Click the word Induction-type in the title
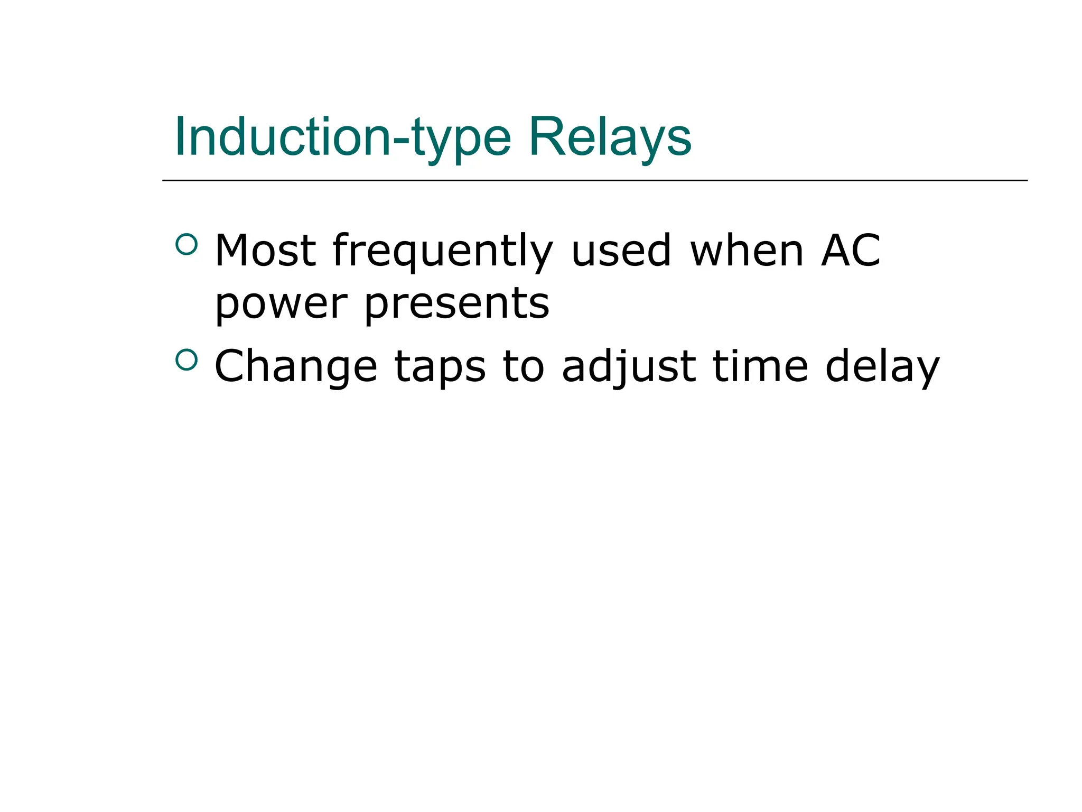pyautogui.click(x=343, y=137)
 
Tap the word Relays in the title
pyautogui.click(x=610, y=137)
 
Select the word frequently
pyautogui.click(x=443, y=251)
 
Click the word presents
pyautogui.click(x=457, y=305)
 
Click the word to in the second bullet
pyautogui.click(x=524, y=366)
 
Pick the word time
pyautogui.click(x=760, y=366)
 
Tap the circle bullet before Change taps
pyautogui.click(x=186, y=360)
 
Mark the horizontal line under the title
pyautogui.click(x=595, y=180)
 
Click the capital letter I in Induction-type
pyautogui.click(x=180, y=137)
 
